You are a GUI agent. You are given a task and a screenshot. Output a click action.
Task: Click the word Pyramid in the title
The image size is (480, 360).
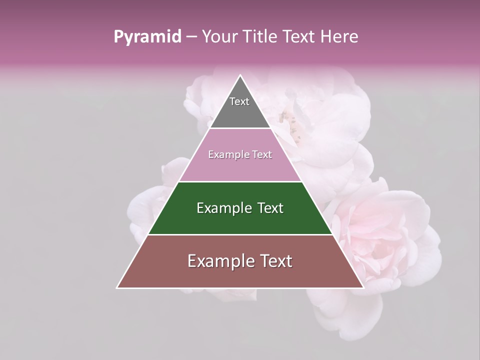tap(147, 37)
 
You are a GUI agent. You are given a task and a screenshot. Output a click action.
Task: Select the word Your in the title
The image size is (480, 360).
tap(219, 37)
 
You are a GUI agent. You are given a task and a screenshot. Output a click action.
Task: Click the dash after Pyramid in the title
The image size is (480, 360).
tap(191, 37)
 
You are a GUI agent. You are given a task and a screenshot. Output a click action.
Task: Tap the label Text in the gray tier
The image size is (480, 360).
tap(239, 101)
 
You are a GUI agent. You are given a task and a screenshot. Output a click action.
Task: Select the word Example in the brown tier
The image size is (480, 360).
tap(213, 261)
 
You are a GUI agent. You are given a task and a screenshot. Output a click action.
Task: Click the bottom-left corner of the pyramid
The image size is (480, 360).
tap(117, 288)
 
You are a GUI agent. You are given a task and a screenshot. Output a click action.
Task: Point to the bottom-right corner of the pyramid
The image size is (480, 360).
tap(364, 288)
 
